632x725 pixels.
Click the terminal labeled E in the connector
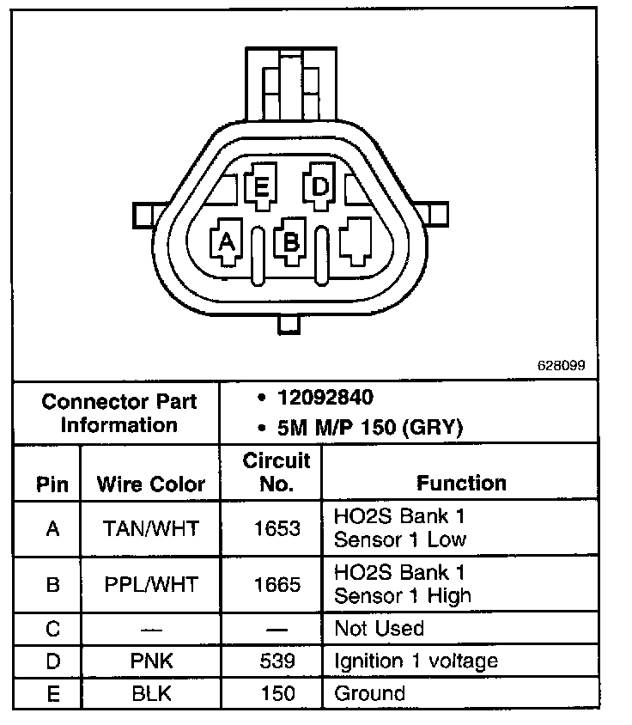(261, 187)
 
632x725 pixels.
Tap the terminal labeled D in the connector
(319, 187)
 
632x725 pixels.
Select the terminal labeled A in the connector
(228, 243)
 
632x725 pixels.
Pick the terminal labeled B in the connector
(291, 241)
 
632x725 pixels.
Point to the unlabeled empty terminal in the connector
(355, 242)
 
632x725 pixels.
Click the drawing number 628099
(561, 365)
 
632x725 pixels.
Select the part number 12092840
(325, 398)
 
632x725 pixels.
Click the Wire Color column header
(151, 484)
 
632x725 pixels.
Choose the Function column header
(461, 483)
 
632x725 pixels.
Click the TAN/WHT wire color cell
(151, 528)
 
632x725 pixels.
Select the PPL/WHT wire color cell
(151, 584)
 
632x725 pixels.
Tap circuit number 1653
(276, 528)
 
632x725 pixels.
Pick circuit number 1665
(276, 584)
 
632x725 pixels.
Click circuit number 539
(276, 661)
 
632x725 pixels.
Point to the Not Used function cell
(380, 628)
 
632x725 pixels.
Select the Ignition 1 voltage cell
(416, 661)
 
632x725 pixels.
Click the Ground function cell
(369, 693)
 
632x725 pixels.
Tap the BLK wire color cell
(151, 693)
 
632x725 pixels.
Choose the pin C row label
(52, 628)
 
